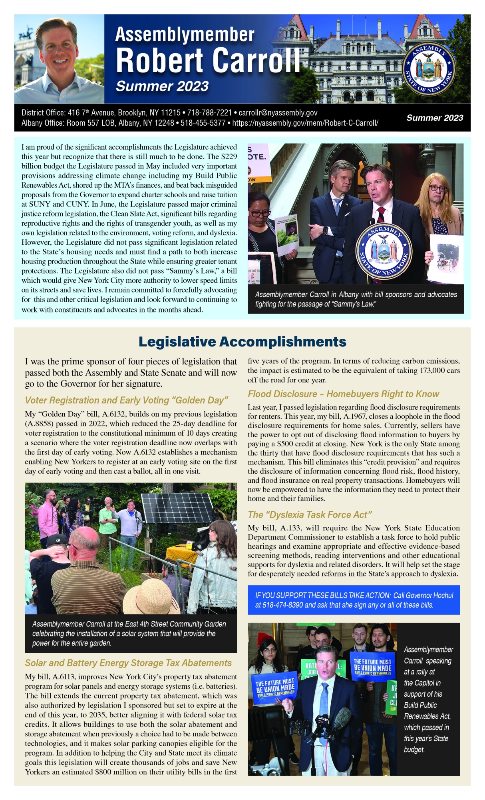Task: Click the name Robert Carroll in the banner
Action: [208, 61]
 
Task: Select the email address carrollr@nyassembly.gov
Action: [278, 113]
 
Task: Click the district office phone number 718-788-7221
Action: [209, 113]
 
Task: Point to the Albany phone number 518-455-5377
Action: [203, 123]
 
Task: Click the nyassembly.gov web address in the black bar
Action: [305, 123]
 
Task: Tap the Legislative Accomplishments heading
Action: [242, 342]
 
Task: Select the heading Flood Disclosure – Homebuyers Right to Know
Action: [343, 394]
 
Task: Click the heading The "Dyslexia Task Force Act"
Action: [310, 514]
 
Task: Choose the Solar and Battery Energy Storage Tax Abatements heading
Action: [128, 663]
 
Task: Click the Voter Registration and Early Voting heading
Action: [126, 400]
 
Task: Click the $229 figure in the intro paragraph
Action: [229, 156]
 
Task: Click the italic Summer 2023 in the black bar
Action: [435, 118]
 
